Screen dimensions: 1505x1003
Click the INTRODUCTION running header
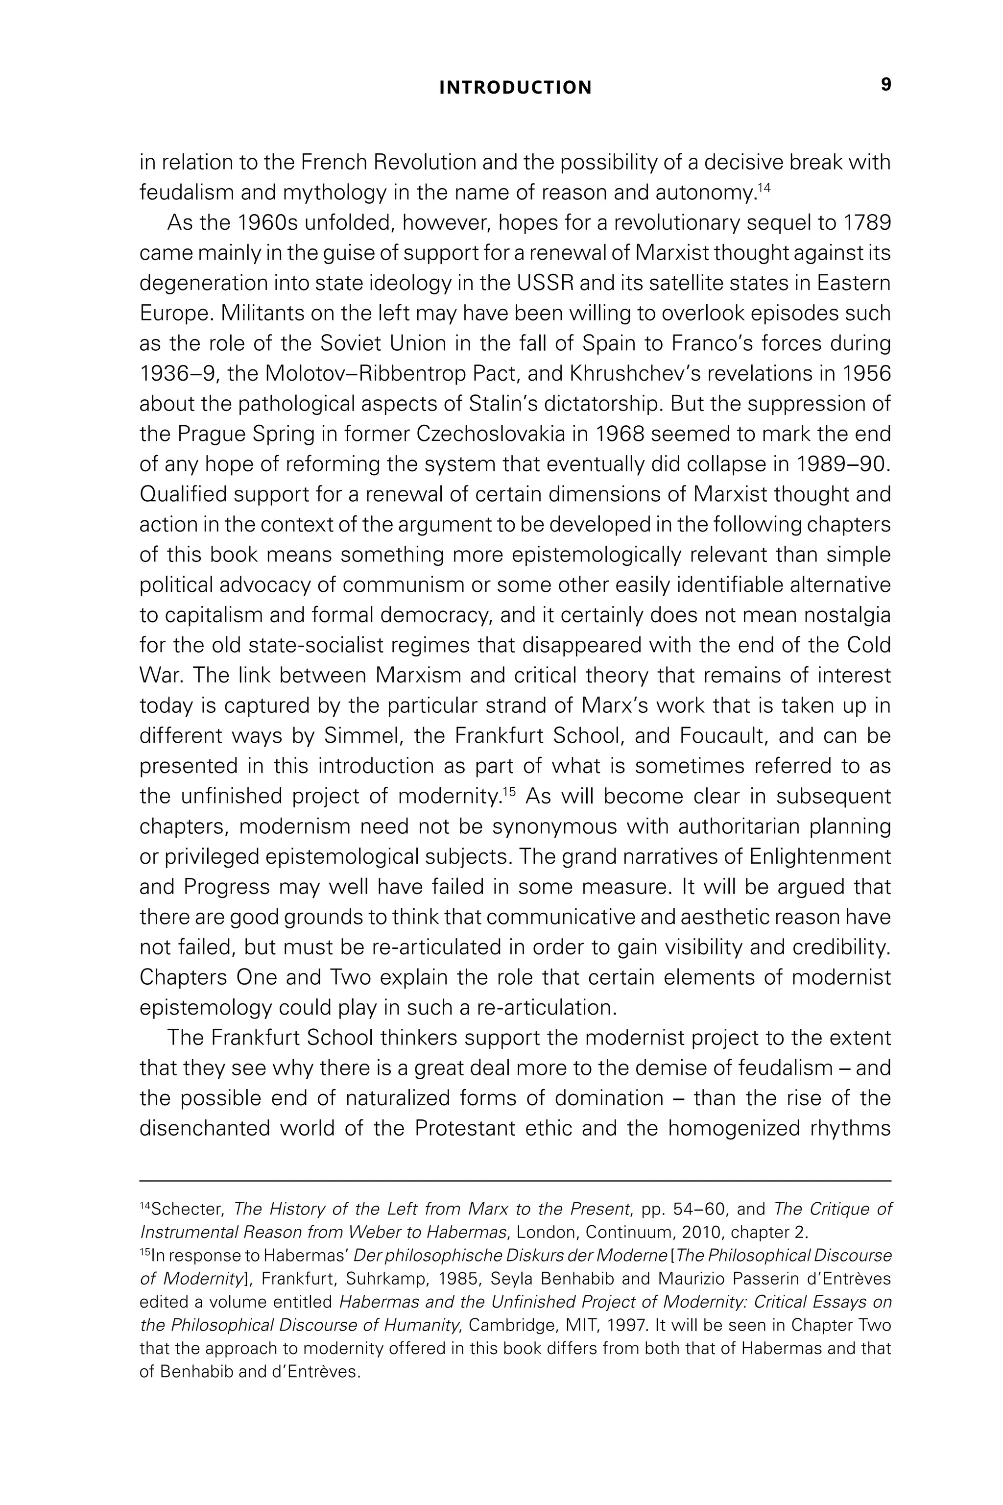(x=516, y=88)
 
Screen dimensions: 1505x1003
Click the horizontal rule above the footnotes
(x=515, y=1181)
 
